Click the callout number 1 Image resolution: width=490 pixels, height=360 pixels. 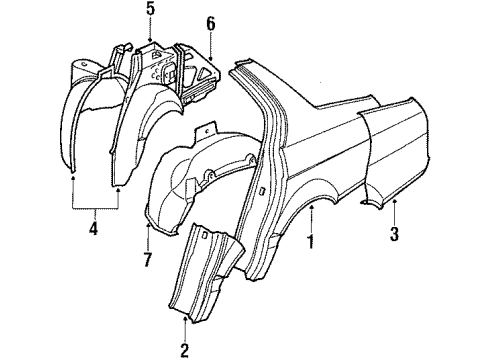(x=310, y=242)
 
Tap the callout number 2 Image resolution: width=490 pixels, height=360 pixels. (x=185, y=350)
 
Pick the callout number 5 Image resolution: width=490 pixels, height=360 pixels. (x=150, y=11)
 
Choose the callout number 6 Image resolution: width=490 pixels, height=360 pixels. (x=210, y=22)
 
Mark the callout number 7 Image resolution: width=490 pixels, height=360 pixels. (x=146, y=262)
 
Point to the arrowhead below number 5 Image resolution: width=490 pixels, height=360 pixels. (x=150, y=39)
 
